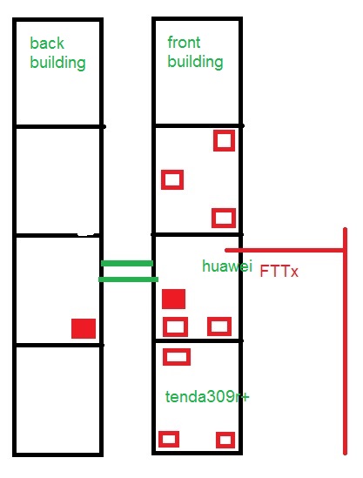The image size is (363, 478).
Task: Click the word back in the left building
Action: (47, 43)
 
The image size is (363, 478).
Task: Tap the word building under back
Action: (57, 63)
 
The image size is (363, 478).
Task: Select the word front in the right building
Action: (184, 42)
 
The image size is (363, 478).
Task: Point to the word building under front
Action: (195, 62)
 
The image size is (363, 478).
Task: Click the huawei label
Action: (227, 266)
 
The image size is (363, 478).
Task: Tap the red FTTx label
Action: (279, 271)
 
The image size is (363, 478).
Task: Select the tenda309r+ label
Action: (207, 397)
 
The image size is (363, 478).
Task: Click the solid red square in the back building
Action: (84, 328)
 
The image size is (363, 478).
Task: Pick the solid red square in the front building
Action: (173, 299)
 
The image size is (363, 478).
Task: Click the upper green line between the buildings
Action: (127, 264)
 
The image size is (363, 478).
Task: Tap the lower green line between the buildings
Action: (128, 279)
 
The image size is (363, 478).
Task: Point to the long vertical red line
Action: (345, 341)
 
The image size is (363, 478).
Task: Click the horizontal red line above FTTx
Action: (286, 251)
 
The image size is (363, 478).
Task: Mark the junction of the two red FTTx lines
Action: (345, 251)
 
